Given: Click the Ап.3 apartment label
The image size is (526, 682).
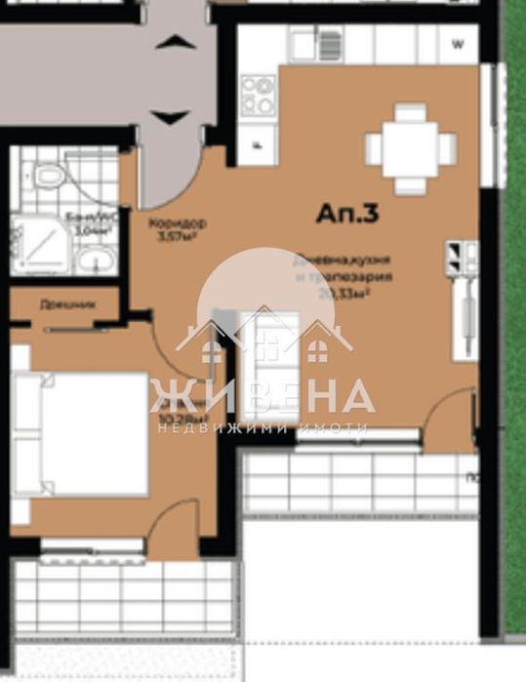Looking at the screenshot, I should (x=346, y=214).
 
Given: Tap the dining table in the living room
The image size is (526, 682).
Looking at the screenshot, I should (x=410, y=149).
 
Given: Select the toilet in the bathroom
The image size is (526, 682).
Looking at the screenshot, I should (x=48, y=176).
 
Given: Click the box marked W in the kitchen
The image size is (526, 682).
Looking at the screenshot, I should (x=459, y=44).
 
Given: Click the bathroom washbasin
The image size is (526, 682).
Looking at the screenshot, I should (x=95, y=260).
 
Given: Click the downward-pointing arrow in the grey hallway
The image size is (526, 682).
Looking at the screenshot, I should (x=172, y=117).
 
